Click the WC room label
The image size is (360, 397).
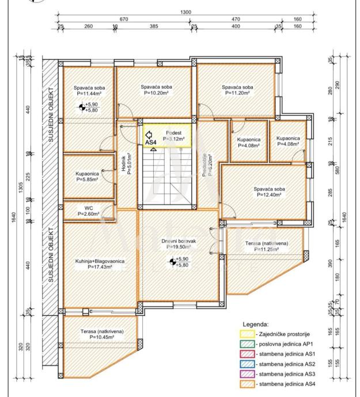[89, 208]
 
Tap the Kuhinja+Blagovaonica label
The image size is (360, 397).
[100, 261]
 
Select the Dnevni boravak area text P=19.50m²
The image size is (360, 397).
[179, 247]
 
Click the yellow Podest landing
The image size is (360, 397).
[167, 135]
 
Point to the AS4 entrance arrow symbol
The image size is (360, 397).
[149, 134]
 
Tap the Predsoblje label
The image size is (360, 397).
[204, 165]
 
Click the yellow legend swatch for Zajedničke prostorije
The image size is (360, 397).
[247, 334]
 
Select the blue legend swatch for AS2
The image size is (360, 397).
[247, 364]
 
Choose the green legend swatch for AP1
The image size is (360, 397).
[247, 344]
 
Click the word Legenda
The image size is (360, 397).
[255, 325]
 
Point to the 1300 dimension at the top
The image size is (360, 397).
[185, 12]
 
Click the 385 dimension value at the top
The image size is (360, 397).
[154, 26]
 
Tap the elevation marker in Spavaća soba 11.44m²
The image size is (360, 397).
[82, 108]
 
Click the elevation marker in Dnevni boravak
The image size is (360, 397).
[173, 262]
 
